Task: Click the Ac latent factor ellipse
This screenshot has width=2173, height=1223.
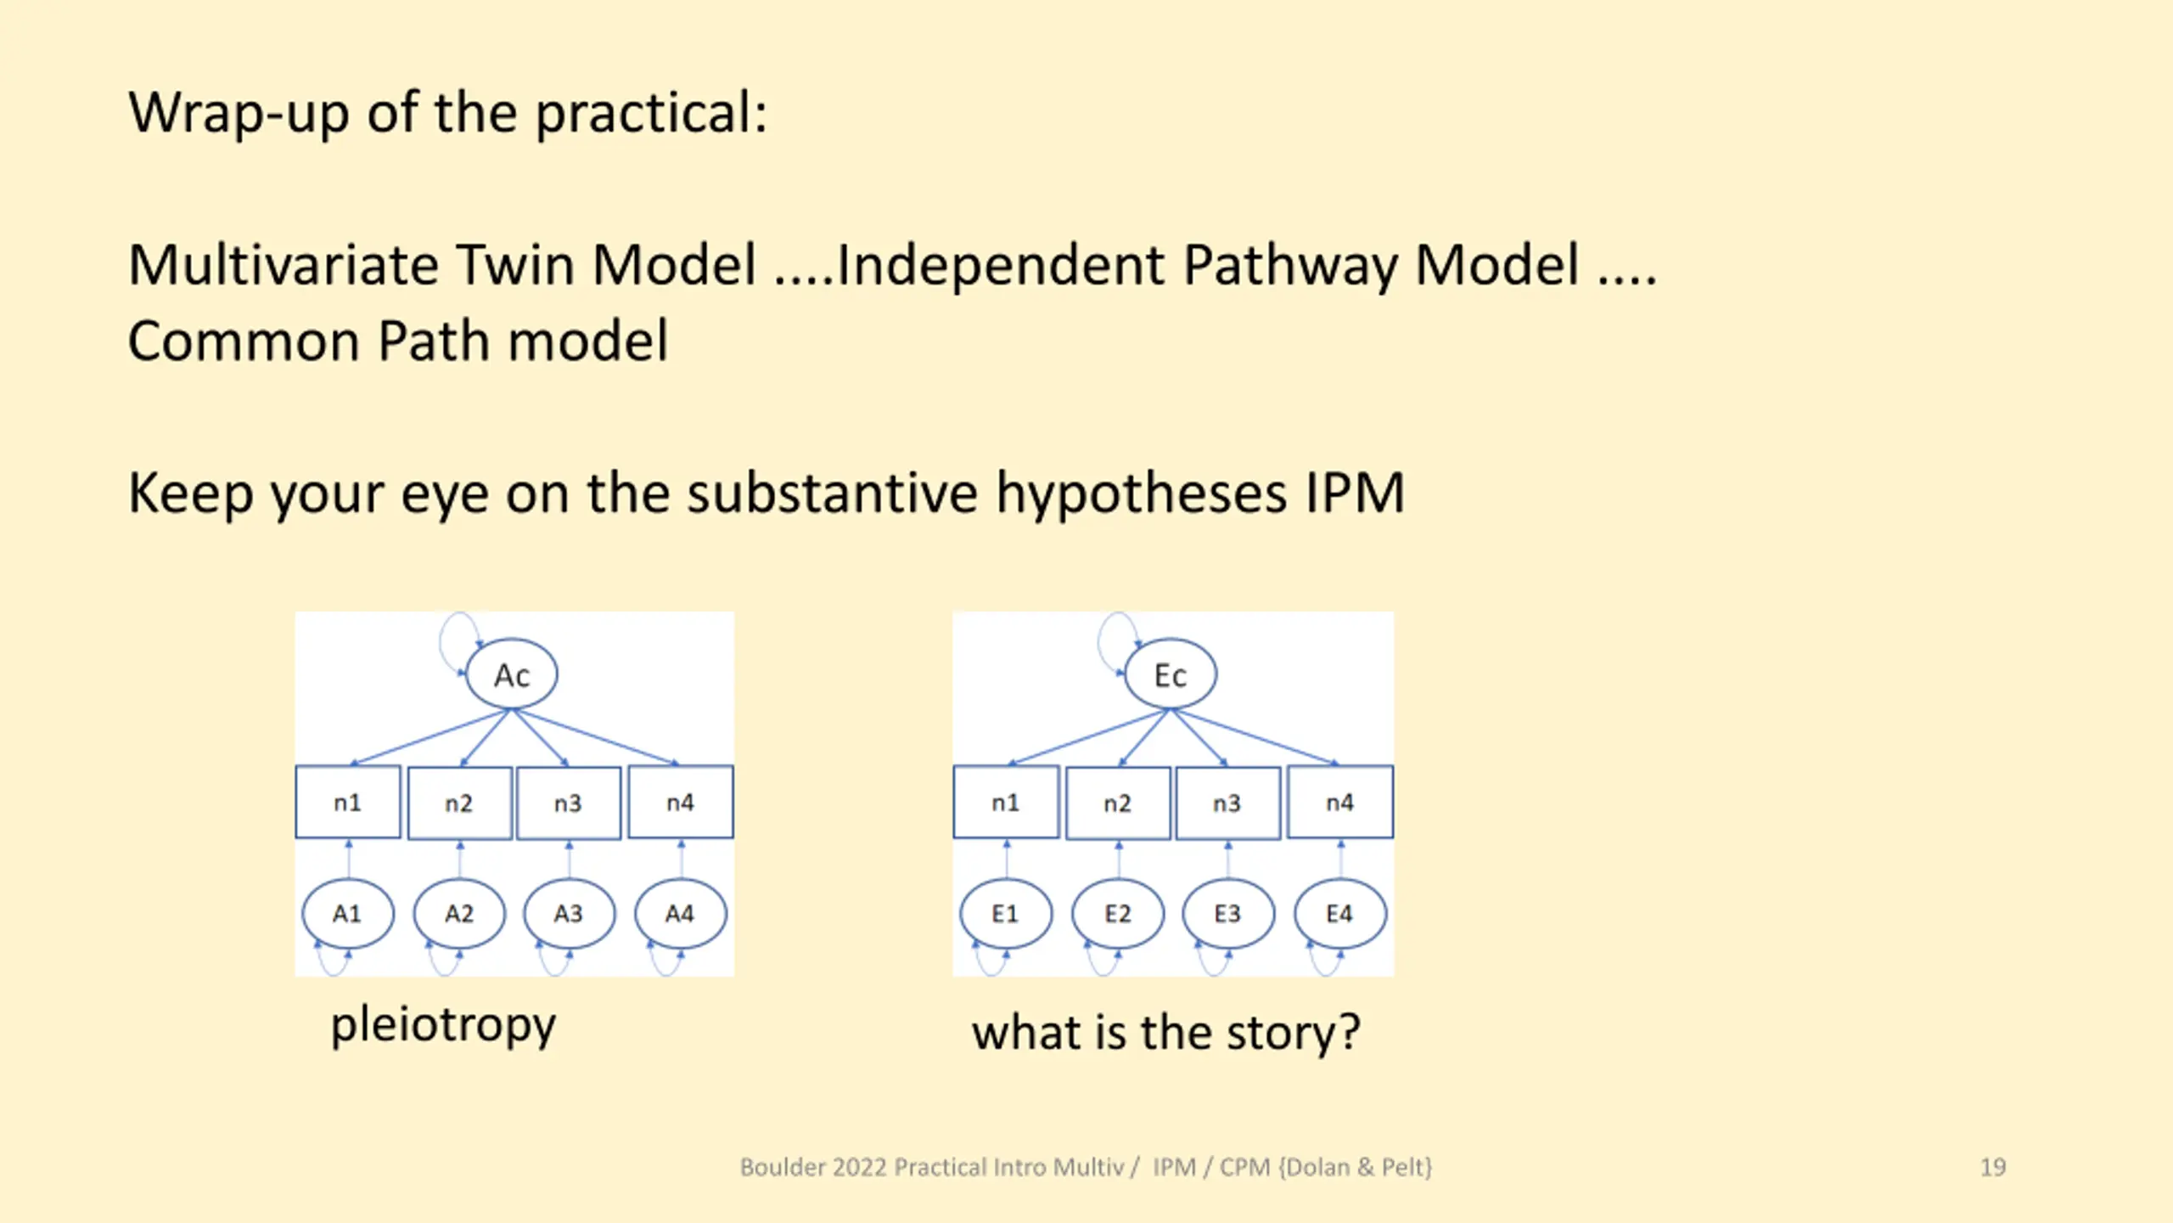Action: point(512,674)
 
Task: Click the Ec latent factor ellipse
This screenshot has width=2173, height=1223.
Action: point(1171,674)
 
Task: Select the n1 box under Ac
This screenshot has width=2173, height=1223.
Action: point(348,802)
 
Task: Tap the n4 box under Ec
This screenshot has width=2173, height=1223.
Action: point(1340,802)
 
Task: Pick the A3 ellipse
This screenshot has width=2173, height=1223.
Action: point(569,914)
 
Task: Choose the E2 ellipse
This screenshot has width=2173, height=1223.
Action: point(1118,914)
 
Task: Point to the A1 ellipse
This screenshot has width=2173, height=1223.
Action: point(348,914)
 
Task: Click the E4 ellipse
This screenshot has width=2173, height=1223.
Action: point(1340,914)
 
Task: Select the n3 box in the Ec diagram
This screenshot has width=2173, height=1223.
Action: point(1227,803)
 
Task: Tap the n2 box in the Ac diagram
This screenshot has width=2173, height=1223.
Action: point(459,803)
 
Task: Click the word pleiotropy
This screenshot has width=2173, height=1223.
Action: point(443,1025)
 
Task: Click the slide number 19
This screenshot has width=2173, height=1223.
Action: point(1993,1167)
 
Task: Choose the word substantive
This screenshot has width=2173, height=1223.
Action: point(832,493)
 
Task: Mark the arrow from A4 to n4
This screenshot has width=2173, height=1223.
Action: point(681,859)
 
